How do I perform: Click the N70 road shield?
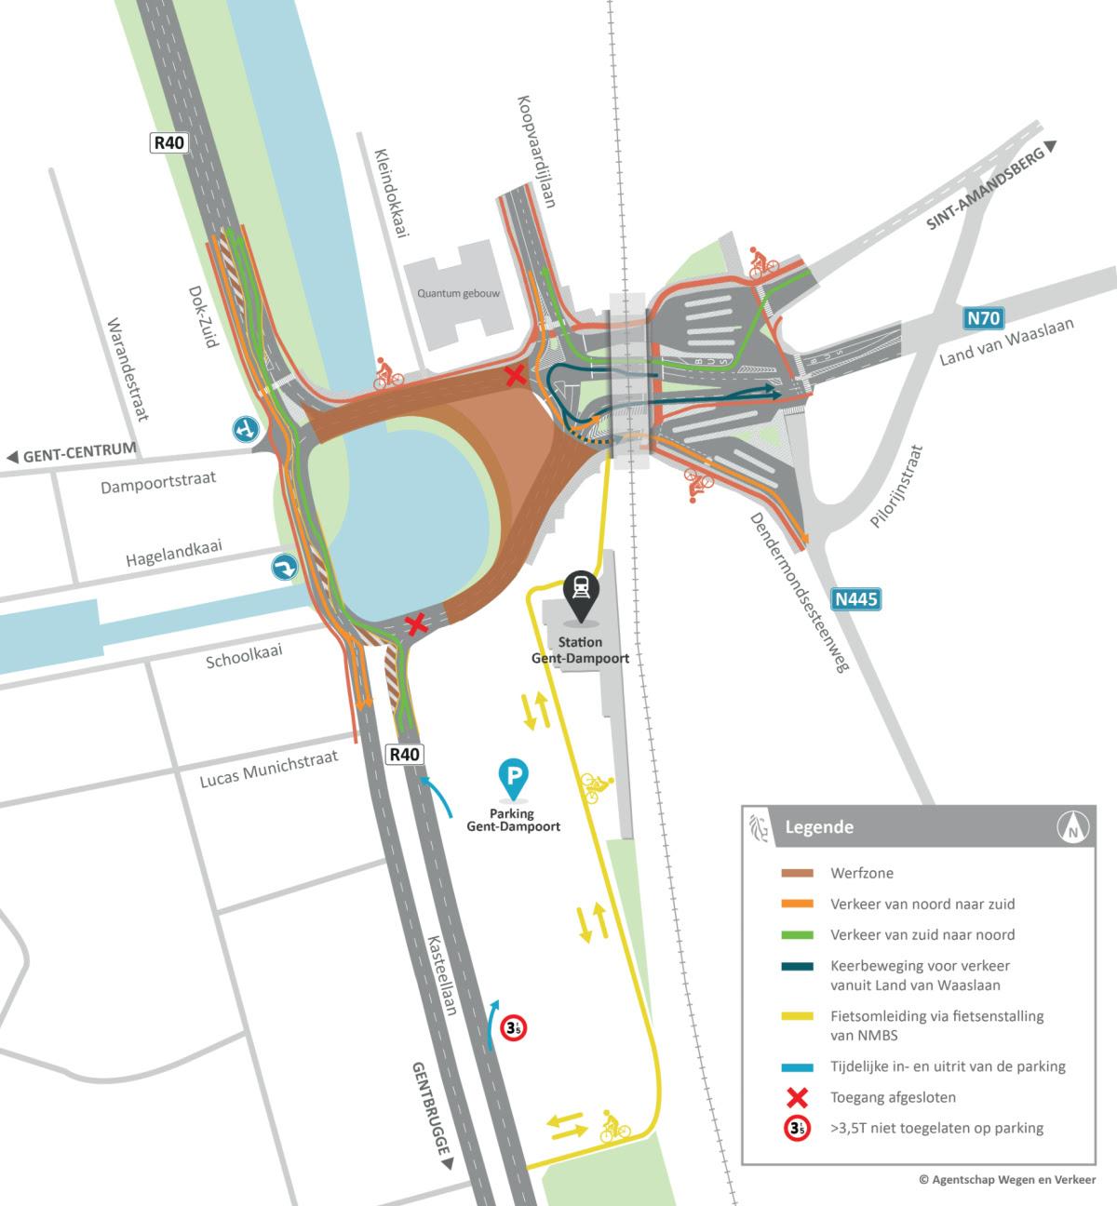coord(983,319)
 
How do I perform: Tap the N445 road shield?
coord(855,599)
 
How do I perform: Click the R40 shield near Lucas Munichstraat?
coord(405,754)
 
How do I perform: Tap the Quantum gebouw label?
coord(459,293)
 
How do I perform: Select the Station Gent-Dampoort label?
coord(580,650)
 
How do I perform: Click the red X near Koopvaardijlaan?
coord(513,376)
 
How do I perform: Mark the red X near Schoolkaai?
coord(416,623)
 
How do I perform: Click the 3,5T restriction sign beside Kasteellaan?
coord(513,1027)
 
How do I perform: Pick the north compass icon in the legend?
coord(1073,825)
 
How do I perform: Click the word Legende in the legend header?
coord(819,826)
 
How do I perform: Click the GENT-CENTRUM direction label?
coord(71,455)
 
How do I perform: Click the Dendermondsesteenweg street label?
coord(801,592)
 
